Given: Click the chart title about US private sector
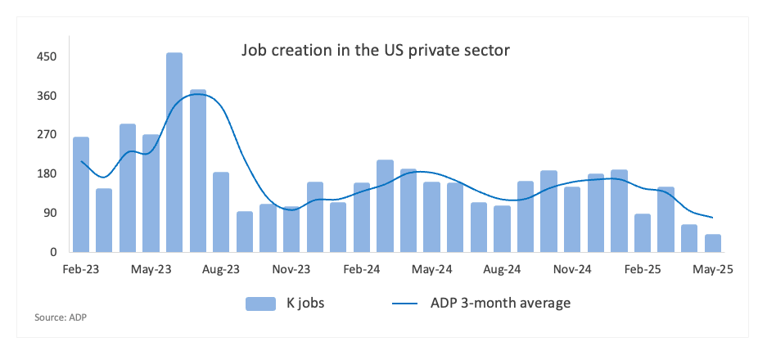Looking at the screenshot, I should point(376,51).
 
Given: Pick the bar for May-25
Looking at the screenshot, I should point(713,243).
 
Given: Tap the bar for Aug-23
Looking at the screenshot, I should point(221,212).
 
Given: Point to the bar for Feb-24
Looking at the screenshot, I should point(362,218).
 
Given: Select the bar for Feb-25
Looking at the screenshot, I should point(643,233).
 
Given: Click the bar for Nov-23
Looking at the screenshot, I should point(291,230).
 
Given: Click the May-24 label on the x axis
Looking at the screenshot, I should point(431,268).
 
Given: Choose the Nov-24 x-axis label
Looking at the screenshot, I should point(572,268).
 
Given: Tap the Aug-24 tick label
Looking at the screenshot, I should point(502,268).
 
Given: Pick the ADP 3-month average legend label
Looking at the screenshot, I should point(500,304).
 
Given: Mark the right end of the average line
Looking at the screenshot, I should point(713,218).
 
